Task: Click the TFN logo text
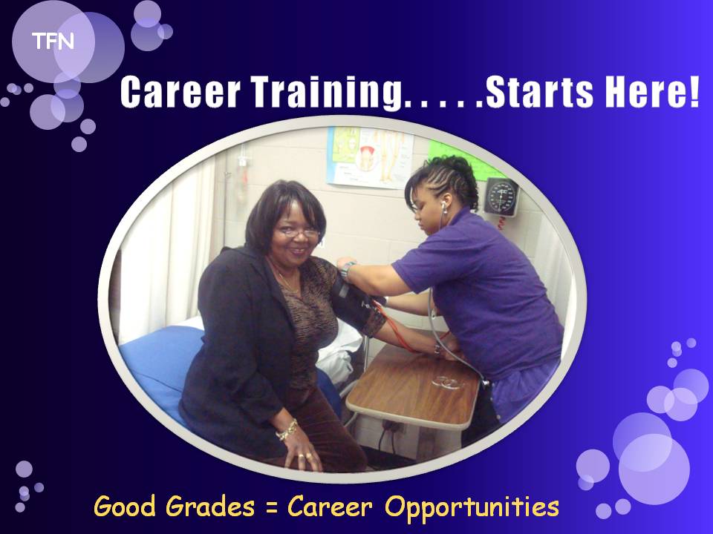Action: tap(53, 42)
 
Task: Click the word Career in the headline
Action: tap(180, 92)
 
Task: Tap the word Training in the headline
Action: tap(327, 93)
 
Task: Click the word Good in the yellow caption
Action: tap(125, 507)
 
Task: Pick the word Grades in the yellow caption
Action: tap(209, 507)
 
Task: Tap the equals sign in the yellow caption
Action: tap(272, 508)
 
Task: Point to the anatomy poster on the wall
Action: tap(369, 157)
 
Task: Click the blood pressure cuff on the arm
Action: tap(357, 304)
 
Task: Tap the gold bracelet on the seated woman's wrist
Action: tap(287, 429)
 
